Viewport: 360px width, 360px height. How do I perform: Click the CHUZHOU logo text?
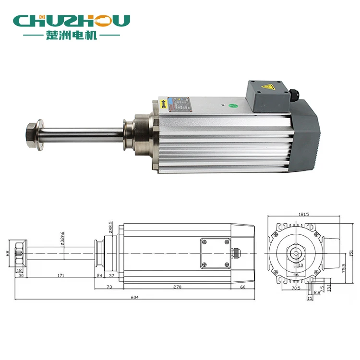pyautogui.click(x=72, y=21)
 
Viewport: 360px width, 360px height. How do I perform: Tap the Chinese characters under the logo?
pyautogui.click(x=72, y=36)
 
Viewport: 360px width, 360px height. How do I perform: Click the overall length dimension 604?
pyautogui.click(x=135, y=298)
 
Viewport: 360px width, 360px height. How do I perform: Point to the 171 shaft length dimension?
pyautogui.click(x=60, y=276)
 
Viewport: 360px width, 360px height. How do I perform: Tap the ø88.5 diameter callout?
pyautogui.click(x=111, y=226)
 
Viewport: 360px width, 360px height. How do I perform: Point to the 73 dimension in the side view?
pyautogui.click(x=109, y=287)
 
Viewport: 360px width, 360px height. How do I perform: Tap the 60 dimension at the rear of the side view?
pyautogui.click(x=243, y=287)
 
